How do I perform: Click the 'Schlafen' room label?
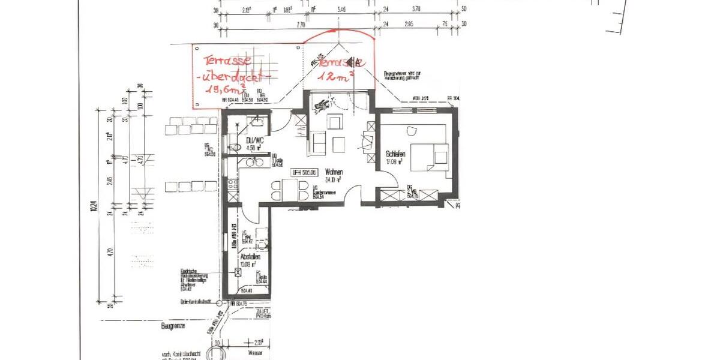point(395,154)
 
